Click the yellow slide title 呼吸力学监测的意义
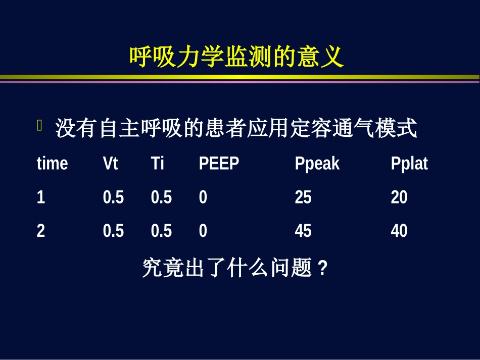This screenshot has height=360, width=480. [236, 57]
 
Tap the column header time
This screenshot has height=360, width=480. [52, 164]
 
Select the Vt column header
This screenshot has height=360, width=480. [110, 164]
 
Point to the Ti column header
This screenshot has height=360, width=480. [158, 164]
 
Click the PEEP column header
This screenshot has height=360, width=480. [219, 164]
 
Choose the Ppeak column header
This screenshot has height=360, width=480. [317, 164]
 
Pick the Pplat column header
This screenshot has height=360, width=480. [409, 164]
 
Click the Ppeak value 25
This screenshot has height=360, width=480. [303, 197]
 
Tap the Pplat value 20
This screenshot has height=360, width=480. [399, 197]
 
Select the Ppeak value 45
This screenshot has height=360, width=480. [303, 231]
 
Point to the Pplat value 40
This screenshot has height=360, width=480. [399, 231]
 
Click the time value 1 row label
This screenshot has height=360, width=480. [41, 197]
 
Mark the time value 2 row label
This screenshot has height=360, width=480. [41, 231]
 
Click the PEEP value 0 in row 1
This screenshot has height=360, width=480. [203, 197]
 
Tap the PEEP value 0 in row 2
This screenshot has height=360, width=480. [203, 231]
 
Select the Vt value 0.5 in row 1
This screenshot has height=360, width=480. [113, 197]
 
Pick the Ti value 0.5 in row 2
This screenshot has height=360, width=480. [161, 231]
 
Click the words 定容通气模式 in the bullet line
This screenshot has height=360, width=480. [354, 129]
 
